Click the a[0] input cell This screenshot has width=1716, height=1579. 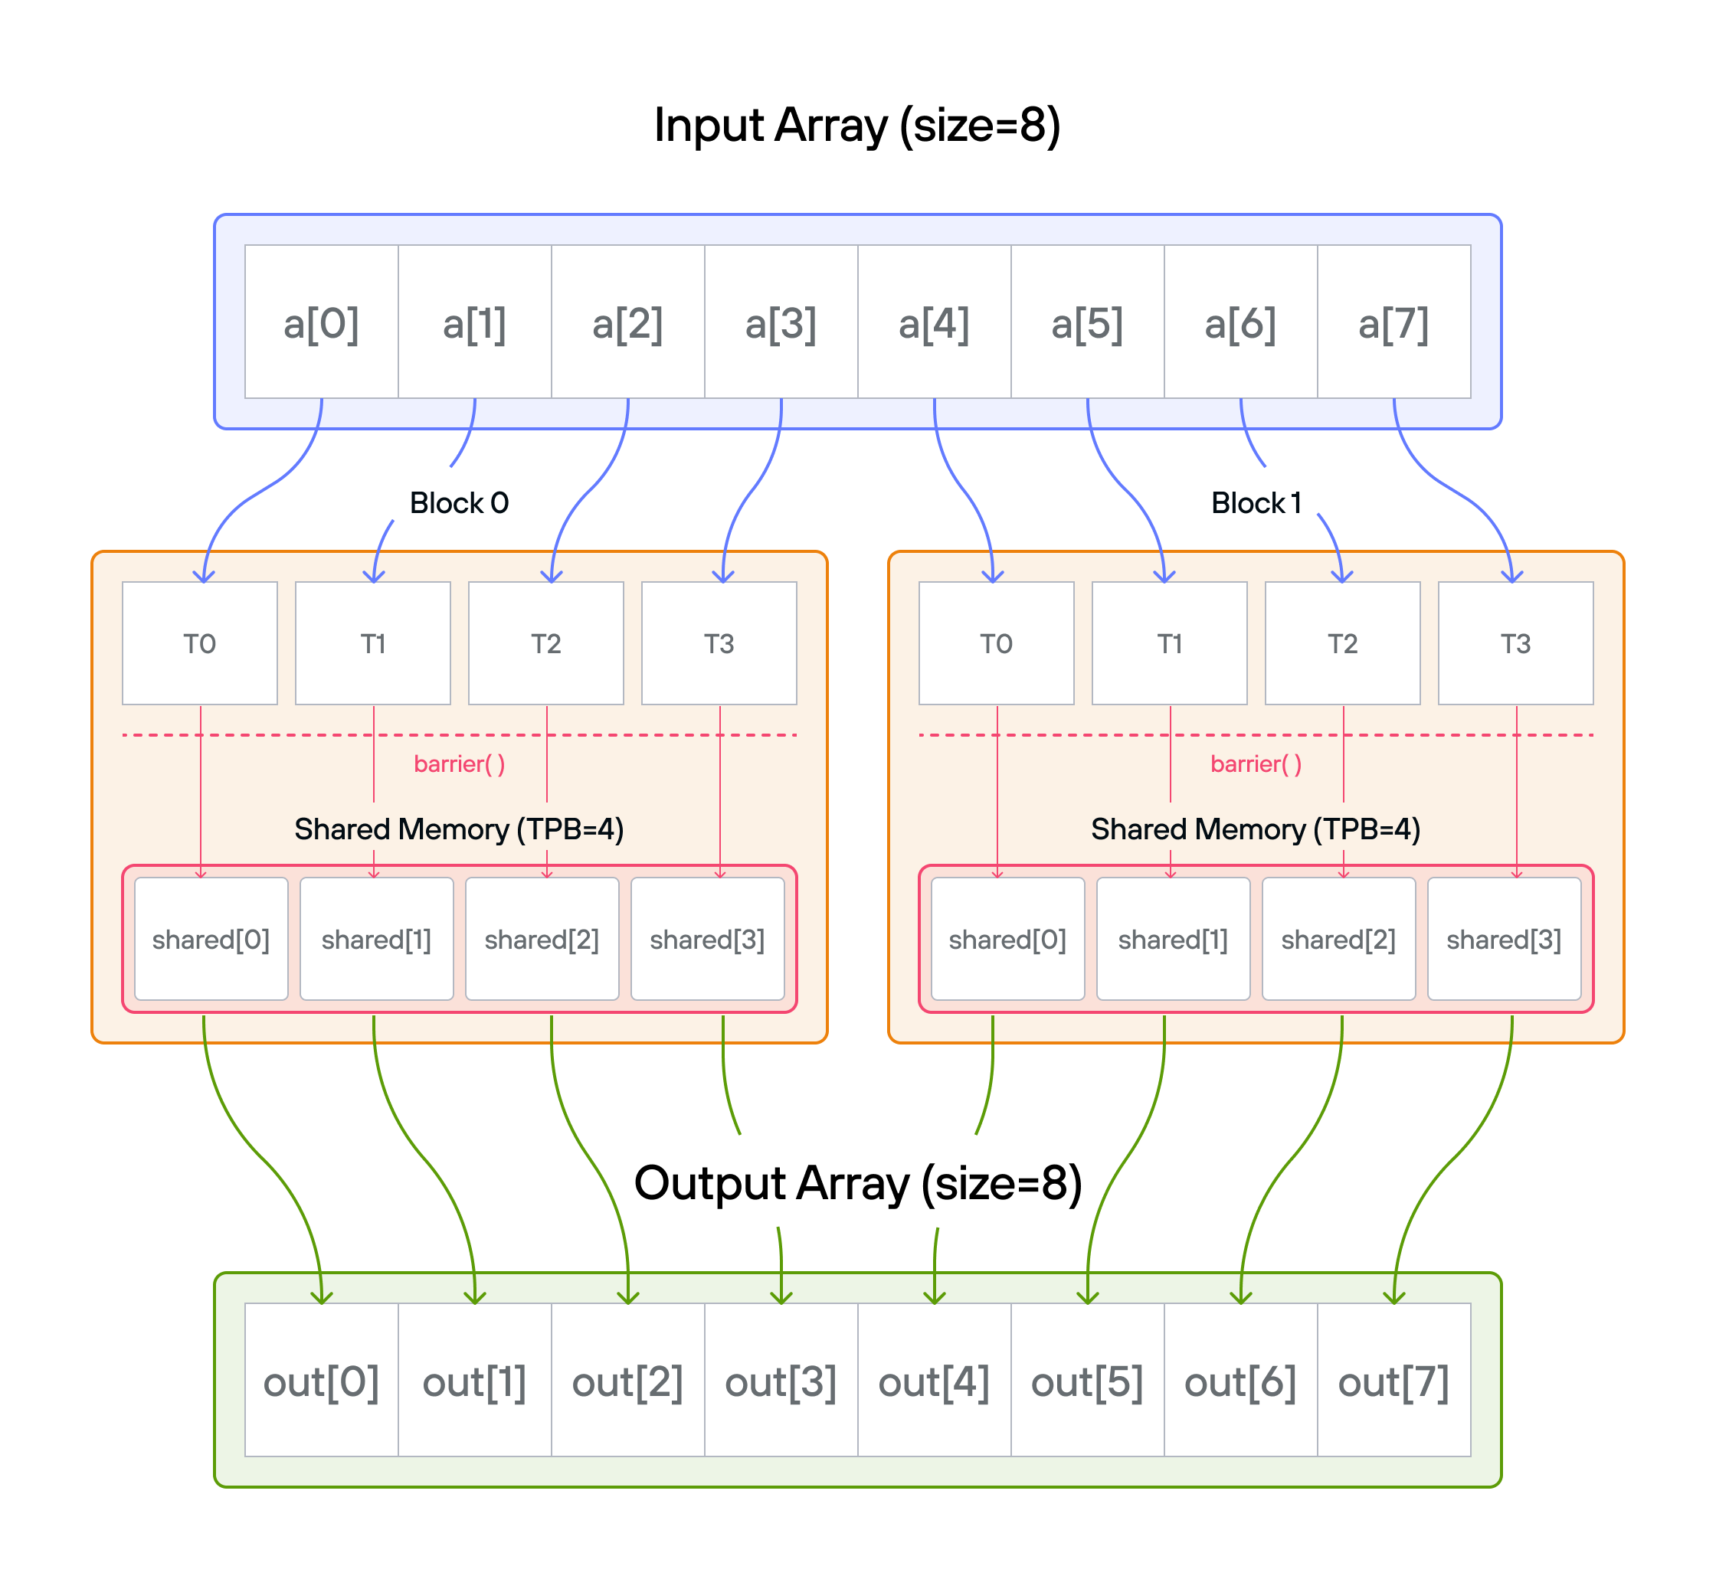point(321,322)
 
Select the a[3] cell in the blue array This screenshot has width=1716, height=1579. point(780,322)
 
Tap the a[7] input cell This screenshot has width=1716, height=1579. point(1393,322)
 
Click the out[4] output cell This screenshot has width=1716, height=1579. point(934,1380)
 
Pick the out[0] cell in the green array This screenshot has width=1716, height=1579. point(321,1380)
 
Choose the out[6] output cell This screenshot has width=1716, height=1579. point(1240,1380)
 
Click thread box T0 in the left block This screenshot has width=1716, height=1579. point(200,643)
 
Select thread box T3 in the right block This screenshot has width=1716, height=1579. point(1515,643)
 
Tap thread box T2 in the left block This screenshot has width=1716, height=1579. point(546,643)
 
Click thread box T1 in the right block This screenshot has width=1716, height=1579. point(1169,643)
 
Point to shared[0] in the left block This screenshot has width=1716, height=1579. point(211,939)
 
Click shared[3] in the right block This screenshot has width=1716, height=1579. point(1504,939)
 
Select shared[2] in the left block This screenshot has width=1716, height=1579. point(542,939)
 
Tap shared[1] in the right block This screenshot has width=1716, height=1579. point(1174,939)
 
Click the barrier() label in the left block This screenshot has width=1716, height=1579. point(459,763)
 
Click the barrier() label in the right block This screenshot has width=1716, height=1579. point(1256,763)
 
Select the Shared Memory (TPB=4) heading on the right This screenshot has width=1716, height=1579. point(1256,829)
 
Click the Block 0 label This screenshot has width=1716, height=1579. point(459,502)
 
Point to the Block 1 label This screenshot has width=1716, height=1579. point(1256,502)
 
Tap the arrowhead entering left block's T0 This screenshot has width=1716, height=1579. point(203,577)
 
